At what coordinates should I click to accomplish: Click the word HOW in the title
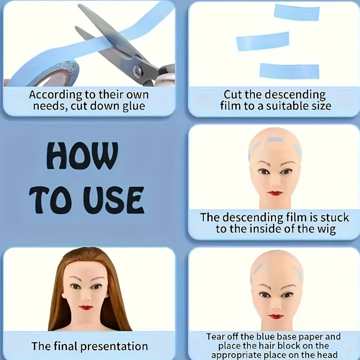pos(82,156)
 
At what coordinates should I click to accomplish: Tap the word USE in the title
pos(114,200)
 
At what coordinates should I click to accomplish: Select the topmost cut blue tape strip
pos(296,12)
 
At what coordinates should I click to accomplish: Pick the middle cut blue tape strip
pos(263,41)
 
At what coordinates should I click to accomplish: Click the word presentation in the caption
pos(114,346)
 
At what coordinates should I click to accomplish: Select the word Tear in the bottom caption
pos(215,337)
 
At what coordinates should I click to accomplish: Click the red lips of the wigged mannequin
pos(86,307)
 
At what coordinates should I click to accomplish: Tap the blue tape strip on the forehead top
pos(274,140)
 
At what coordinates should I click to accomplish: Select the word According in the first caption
pos(55,95)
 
